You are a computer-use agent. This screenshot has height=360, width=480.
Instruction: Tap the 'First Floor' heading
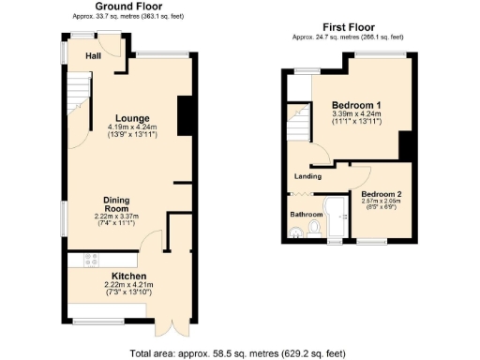tap(348, 27)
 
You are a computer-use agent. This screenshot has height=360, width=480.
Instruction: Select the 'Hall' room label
tap(94, 56)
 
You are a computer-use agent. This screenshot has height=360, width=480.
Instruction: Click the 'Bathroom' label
tap(306, 214)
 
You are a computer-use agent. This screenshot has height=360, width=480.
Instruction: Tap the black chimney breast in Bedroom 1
tap(406, 146)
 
